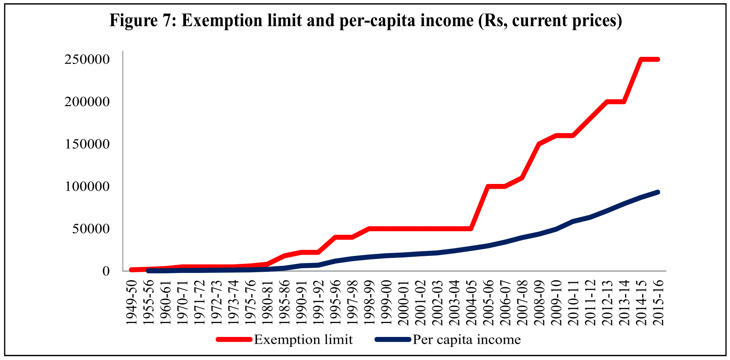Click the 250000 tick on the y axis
coord(87,60)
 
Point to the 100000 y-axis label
coord(87,186)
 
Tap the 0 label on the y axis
coord(106,271)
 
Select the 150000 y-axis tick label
coord(87,144)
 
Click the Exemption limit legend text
coord(303,340)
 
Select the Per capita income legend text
coord(466,340)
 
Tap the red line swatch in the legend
coord(234,340)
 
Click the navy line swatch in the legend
coord(392,340)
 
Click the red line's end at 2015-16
coord(658,60)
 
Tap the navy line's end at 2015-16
coord(658,192)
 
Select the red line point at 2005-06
coord(488,186)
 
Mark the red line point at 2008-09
coord(539,144)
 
